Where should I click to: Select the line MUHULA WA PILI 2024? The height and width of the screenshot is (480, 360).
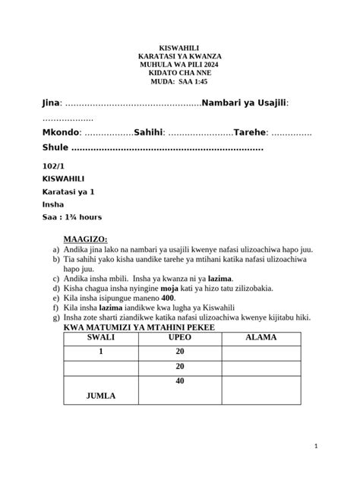[x=180, y=65]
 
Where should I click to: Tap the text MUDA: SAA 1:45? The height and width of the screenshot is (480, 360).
[x=180, y=82]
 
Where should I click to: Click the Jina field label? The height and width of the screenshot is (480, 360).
[x=50, y=103]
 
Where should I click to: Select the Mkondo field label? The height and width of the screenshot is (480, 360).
[x=61, y=132]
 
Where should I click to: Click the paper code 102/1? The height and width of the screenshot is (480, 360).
[x=53, y=166]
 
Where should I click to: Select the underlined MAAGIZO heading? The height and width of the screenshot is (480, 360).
[x=85, y=238]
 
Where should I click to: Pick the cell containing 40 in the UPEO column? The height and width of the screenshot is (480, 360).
[x=180, y=381]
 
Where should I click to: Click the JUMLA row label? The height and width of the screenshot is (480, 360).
[x=101, y=396]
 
